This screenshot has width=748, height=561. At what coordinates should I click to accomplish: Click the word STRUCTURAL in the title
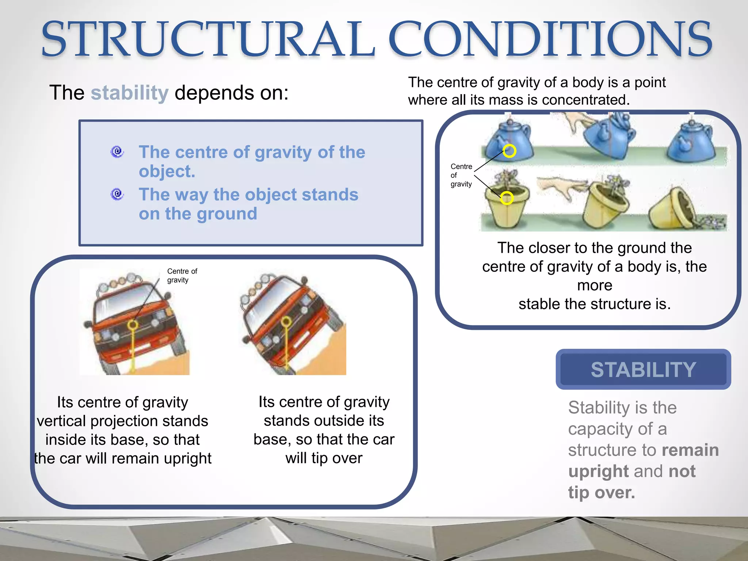pyautogui.click(x=208, y=39)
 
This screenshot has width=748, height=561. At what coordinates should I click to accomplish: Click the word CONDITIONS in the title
pyautogui.click(x=550, y=39)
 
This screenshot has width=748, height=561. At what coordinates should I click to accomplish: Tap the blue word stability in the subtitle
pyautogui.click(x=130, y=93)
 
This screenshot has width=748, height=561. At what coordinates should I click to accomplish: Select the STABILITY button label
pyautogui.click(x=643, y=370)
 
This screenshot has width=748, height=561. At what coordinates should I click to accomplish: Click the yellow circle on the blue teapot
pyautogui.click(x=509, y=150)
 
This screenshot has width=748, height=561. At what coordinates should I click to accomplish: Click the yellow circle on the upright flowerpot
pyautogui.click(x=507, y=198)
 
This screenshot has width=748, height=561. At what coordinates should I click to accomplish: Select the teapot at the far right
pyautogui.click(x=690, y=141)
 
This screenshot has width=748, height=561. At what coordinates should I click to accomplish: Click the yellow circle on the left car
pyautogui.click(x=133, y=325)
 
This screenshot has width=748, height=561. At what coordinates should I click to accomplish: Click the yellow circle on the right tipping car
pyautogui.click(x=286, y=321)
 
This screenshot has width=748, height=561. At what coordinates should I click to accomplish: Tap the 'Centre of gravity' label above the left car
pyautogui.click(x=182, y=276)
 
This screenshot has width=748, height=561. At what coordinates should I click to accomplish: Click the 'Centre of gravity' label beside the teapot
pyautogui.click(x=461, y=175)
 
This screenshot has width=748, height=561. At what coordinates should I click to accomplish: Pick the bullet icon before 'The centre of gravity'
pyautogui.click(x=117, y=152)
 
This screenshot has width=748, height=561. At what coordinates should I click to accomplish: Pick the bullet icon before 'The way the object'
pyautogui.click(x=117, y=194)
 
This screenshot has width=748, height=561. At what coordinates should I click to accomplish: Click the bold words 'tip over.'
pyautogui.click(x=601, y=493)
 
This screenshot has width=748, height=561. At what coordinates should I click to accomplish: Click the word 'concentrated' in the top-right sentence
pyautogui.click(x=585, y=100)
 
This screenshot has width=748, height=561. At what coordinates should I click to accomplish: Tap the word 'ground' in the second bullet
pyautogui.click(x=227, y=214)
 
